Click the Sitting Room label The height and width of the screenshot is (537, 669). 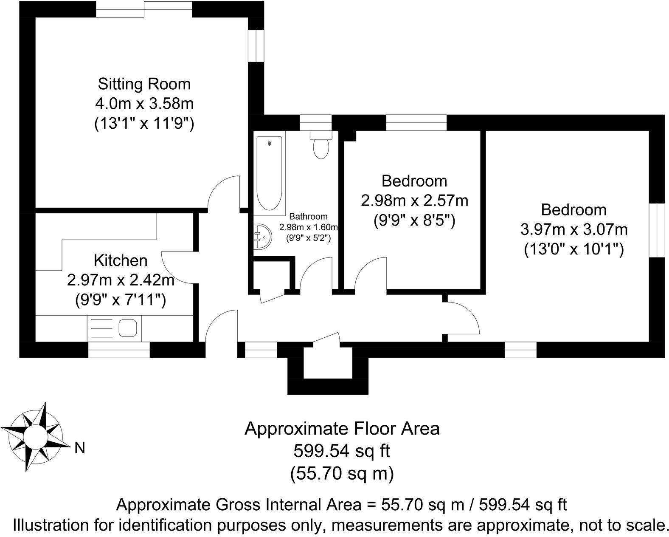coord(144,84)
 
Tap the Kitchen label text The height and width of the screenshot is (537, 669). coord(121,260)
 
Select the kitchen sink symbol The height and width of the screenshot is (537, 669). coord(127,328)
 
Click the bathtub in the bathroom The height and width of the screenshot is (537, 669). coord(269,173)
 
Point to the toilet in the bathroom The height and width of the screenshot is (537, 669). coord(320,146)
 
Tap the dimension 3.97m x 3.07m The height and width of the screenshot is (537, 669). coord(574,230)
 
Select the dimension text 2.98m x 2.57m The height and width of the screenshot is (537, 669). coord(414,200)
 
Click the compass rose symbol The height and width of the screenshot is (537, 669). coord(35,437)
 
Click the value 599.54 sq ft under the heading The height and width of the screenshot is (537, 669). coord(341,451)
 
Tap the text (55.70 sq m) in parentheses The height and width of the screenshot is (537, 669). coord(341,473)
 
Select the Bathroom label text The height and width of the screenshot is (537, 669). coord(308,217)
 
